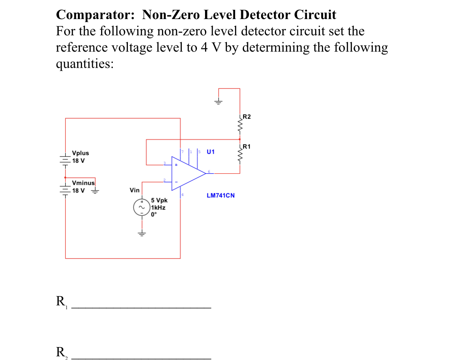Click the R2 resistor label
pos(246,117)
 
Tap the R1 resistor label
pos(246,146)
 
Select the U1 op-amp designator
pos(210,152)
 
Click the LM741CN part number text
pos(220,195)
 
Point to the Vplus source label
pos(80,153)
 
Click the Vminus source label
pos(83,183)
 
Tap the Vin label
pos(134,190)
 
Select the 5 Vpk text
pos(159,200)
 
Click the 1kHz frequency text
pos(158,207)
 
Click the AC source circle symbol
pos(142,207)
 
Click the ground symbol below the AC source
pos(142,233)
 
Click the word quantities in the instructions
pos(84,64)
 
